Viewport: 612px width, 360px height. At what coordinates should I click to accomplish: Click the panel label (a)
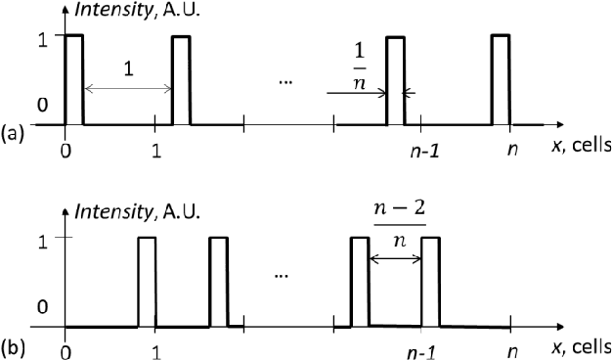[13, 130]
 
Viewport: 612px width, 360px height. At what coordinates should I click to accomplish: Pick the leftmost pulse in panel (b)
[147, 282]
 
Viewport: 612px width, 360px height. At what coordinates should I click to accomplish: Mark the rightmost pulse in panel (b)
[430, 282]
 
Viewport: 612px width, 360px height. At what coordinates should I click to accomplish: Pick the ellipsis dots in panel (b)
[283, 278]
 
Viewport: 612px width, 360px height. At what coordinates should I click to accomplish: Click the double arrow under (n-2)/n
[395, 259]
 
